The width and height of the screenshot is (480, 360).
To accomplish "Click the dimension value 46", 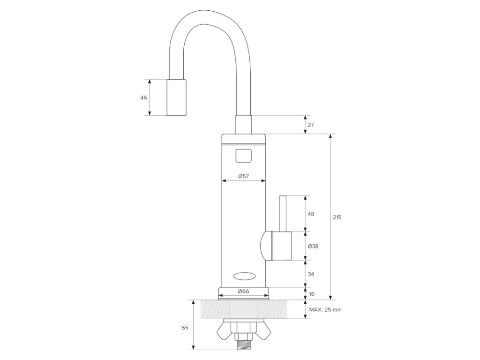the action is (143, 97).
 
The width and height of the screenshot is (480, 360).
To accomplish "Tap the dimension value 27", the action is (311, 125).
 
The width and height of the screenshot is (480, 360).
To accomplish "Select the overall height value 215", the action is (337, 217).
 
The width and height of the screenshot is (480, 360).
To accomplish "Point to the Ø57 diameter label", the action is (243, 176).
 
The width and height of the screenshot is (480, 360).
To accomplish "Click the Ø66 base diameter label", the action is (243, 292).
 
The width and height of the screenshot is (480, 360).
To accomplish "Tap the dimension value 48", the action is (311, 214).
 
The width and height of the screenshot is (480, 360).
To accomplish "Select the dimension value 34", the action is (311, 273).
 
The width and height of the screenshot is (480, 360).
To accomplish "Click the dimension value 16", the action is (311, 294).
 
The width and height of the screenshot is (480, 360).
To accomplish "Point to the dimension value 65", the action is (184, 328).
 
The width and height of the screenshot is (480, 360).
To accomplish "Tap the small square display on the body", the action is (243, 155).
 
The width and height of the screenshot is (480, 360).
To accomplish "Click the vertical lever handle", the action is (283, 213).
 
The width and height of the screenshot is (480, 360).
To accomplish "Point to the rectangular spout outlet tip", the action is (176, 97).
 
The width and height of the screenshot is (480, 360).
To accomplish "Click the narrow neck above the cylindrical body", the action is (243, 125).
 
